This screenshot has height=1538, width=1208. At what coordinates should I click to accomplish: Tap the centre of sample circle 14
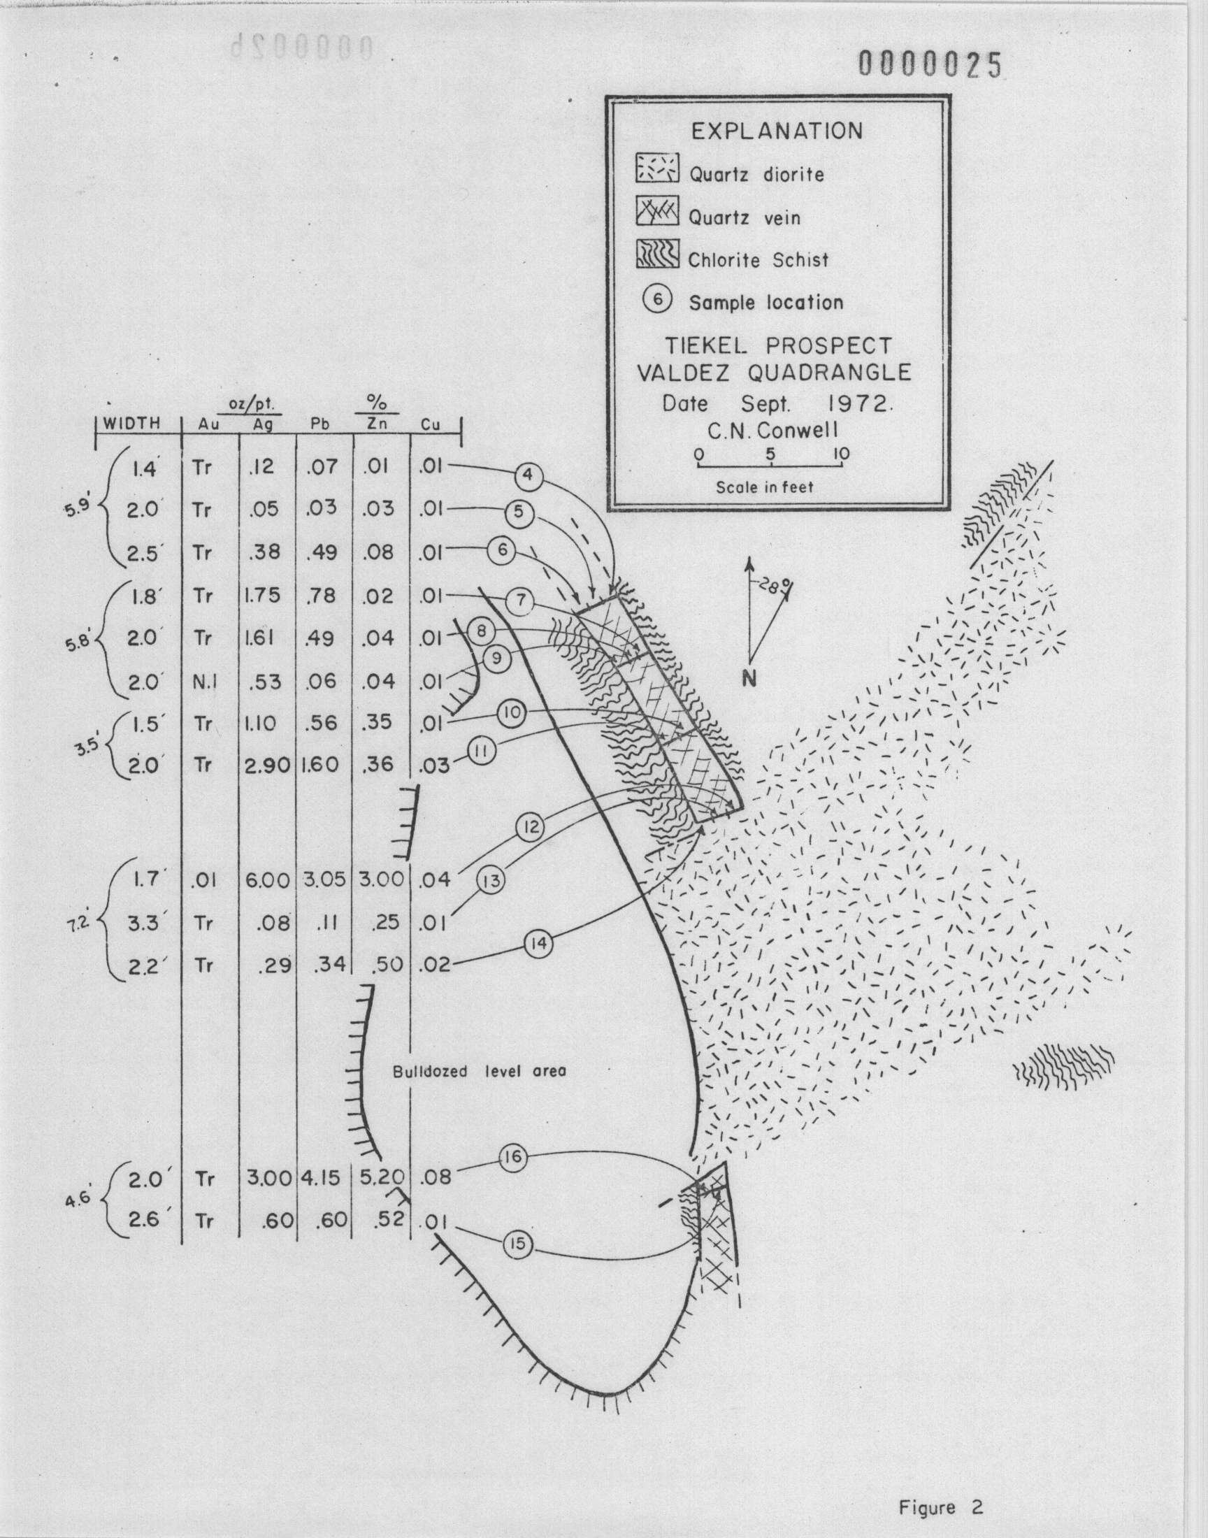539,944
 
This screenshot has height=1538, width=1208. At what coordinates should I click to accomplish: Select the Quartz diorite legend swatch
657,169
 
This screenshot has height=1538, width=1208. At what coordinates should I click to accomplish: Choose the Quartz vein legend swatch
657,211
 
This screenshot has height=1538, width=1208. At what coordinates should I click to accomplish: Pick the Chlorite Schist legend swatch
657,254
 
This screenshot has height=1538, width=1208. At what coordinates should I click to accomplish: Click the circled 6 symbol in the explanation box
657,300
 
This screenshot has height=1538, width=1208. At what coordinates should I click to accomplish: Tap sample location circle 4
528,475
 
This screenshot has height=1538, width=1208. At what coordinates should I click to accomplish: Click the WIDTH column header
132,424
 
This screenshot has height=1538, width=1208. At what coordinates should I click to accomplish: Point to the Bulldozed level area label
480,1071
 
